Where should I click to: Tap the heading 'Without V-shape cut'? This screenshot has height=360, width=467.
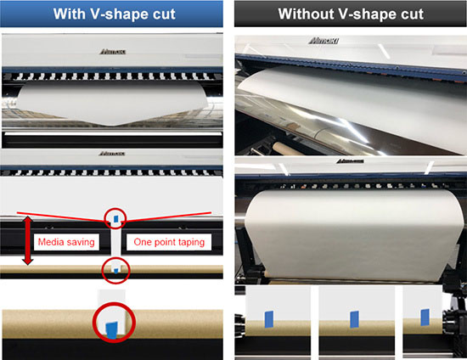(349, 14)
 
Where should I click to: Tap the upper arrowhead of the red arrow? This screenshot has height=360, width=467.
(28, 220)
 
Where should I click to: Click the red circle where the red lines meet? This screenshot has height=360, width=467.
(115, 218)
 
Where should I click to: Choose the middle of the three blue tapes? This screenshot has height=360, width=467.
(352, 318)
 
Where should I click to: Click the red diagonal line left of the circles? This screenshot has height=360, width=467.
(59, 211)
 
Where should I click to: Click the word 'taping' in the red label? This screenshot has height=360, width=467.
(193, 243)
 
